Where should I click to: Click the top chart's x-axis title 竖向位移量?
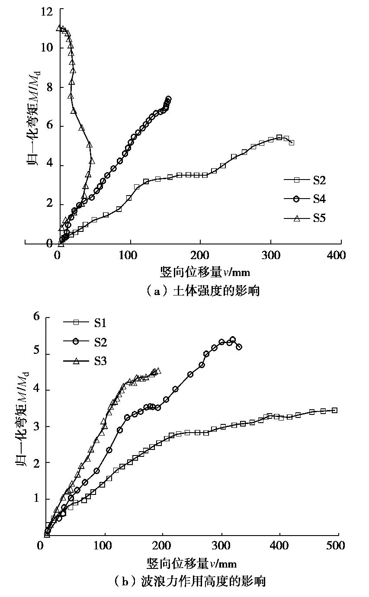(205, 272)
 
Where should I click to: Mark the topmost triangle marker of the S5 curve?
(59, 28)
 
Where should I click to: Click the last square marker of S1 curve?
(334, 410)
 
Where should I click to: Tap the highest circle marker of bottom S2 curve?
(233, 340)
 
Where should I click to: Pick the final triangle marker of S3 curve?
(158, 371)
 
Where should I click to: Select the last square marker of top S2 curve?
(292, 142)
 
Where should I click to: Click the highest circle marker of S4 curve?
(168, 99)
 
